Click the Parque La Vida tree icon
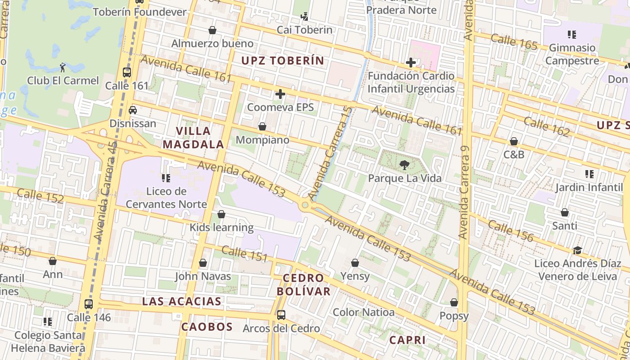pos(404,165)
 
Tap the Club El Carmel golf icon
pos(63,67)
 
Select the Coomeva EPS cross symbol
pos(280,94)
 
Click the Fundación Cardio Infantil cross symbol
pos(410,63)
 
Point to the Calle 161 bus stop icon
pos(127,72)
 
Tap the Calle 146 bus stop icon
pos(89,304)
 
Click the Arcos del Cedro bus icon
pos(281,315)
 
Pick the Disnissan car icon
pos(133,110)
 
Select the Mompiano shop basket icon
pos(262,127)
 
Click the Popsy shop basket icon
pos(454,302)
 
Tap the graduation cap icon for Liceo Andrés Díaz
pos(577,250)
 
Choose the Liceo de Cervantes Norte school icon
pos(166,178)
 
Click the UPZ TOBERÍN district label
pos(283,61)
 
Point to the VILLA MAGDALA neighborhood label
pos(193,138)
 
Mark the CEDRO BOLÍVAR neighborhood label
pos(303,284)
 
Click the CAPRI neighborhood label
pos(407,340)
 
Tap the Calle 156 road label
pos(510,230)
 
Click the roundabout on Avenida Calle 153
pos(306,205)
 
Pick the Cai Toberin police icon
pos(305,17)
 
